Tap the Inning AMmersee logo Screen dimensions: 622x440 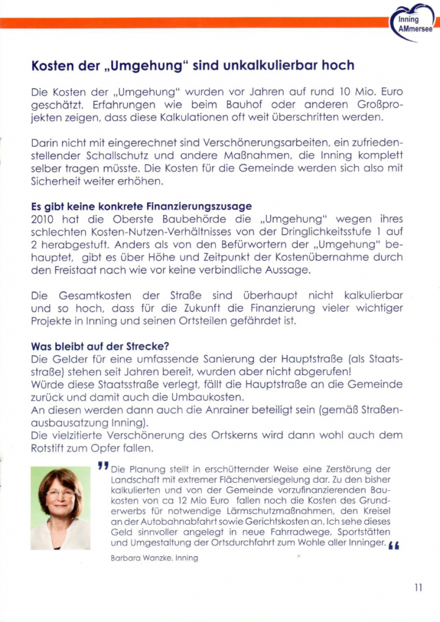(x=415, y=23)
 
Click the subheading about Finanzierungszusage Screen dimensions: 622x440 (x=141, y=207)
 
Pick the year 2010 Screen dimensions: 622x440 (x=43, y=219)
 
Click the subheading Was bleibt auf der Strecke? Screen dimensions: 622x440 (x=100, y=347)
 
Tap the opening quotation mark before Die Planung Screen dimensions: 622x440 (x=103, y=466)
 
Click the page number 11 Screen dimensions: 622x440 (x=418, y=587)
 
